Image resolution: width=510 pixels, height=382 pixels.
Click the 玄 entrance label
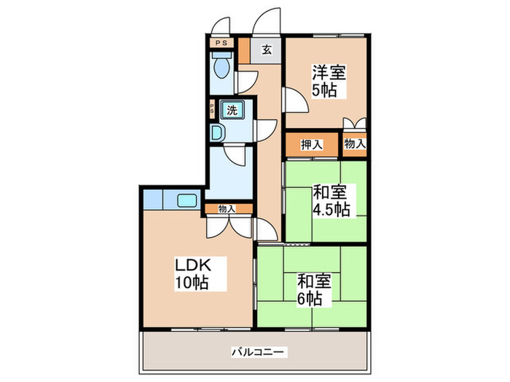click(x=267, y=50)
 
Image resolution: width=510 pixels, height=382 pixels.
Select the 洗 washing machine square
click(x=232, y=111)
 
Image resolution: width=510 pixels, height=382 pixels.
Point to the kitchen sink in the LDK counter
click(x=187, y=200)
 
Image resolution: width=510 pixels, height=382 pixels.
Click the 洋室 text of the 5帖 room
click(x=329, y=73)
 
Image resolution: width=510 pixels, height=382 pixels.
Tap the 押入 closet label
click(x=312, y=144)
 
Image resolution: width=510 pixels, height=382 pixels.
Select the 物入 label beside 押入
click(x=355, y=144)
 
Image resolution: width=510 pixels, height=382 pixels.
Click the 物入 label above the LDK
click(x=227, y=209)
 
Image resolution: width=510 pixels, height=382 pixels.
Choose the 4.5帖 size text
click(x=331, y=210)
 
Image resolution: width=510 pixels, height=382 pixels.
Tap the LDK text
click(x=190, y=265)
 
